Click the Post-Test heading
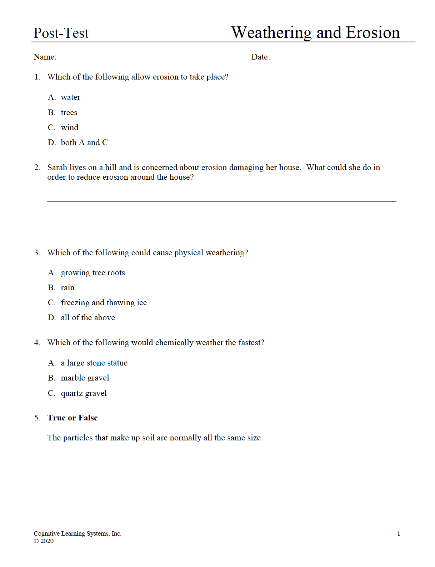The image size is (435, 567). [61, 33]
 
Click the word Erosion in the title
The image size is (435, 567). [373, 32]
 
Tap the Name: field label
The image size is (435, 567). [45, 57]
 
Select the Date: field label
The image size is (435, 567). [260, 57]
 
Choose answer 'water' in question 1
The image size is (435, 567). [70, 97]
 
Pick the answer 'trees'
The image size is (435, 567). [69, 113]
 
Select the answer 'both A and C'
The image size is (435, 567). [84, 143]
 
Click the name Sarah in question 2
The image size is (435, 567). [57, 168]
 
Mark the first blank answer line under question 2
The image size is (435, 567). [221, 201]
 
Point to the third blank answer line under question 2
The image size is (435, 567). [221, 231]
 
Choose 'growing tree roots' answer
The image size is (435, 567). [93, 273]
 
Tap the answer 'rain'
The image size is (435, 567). [67, 288]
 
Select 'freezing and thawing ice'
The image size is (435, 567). [104, 303]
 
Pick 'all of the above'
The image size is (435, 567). [88, 318]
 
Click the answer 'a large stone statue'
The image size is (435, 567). [94, 363]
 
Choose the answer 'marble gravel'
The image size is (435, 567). [85, 378]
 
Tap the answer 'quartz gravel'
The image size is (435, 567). [84, 393]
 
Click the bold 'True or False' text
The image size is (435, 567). [72, 418]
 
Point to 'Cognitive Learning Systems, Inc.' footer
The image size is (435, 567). [77, 533]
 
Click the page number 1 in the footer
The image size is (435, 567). [399, 534]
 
